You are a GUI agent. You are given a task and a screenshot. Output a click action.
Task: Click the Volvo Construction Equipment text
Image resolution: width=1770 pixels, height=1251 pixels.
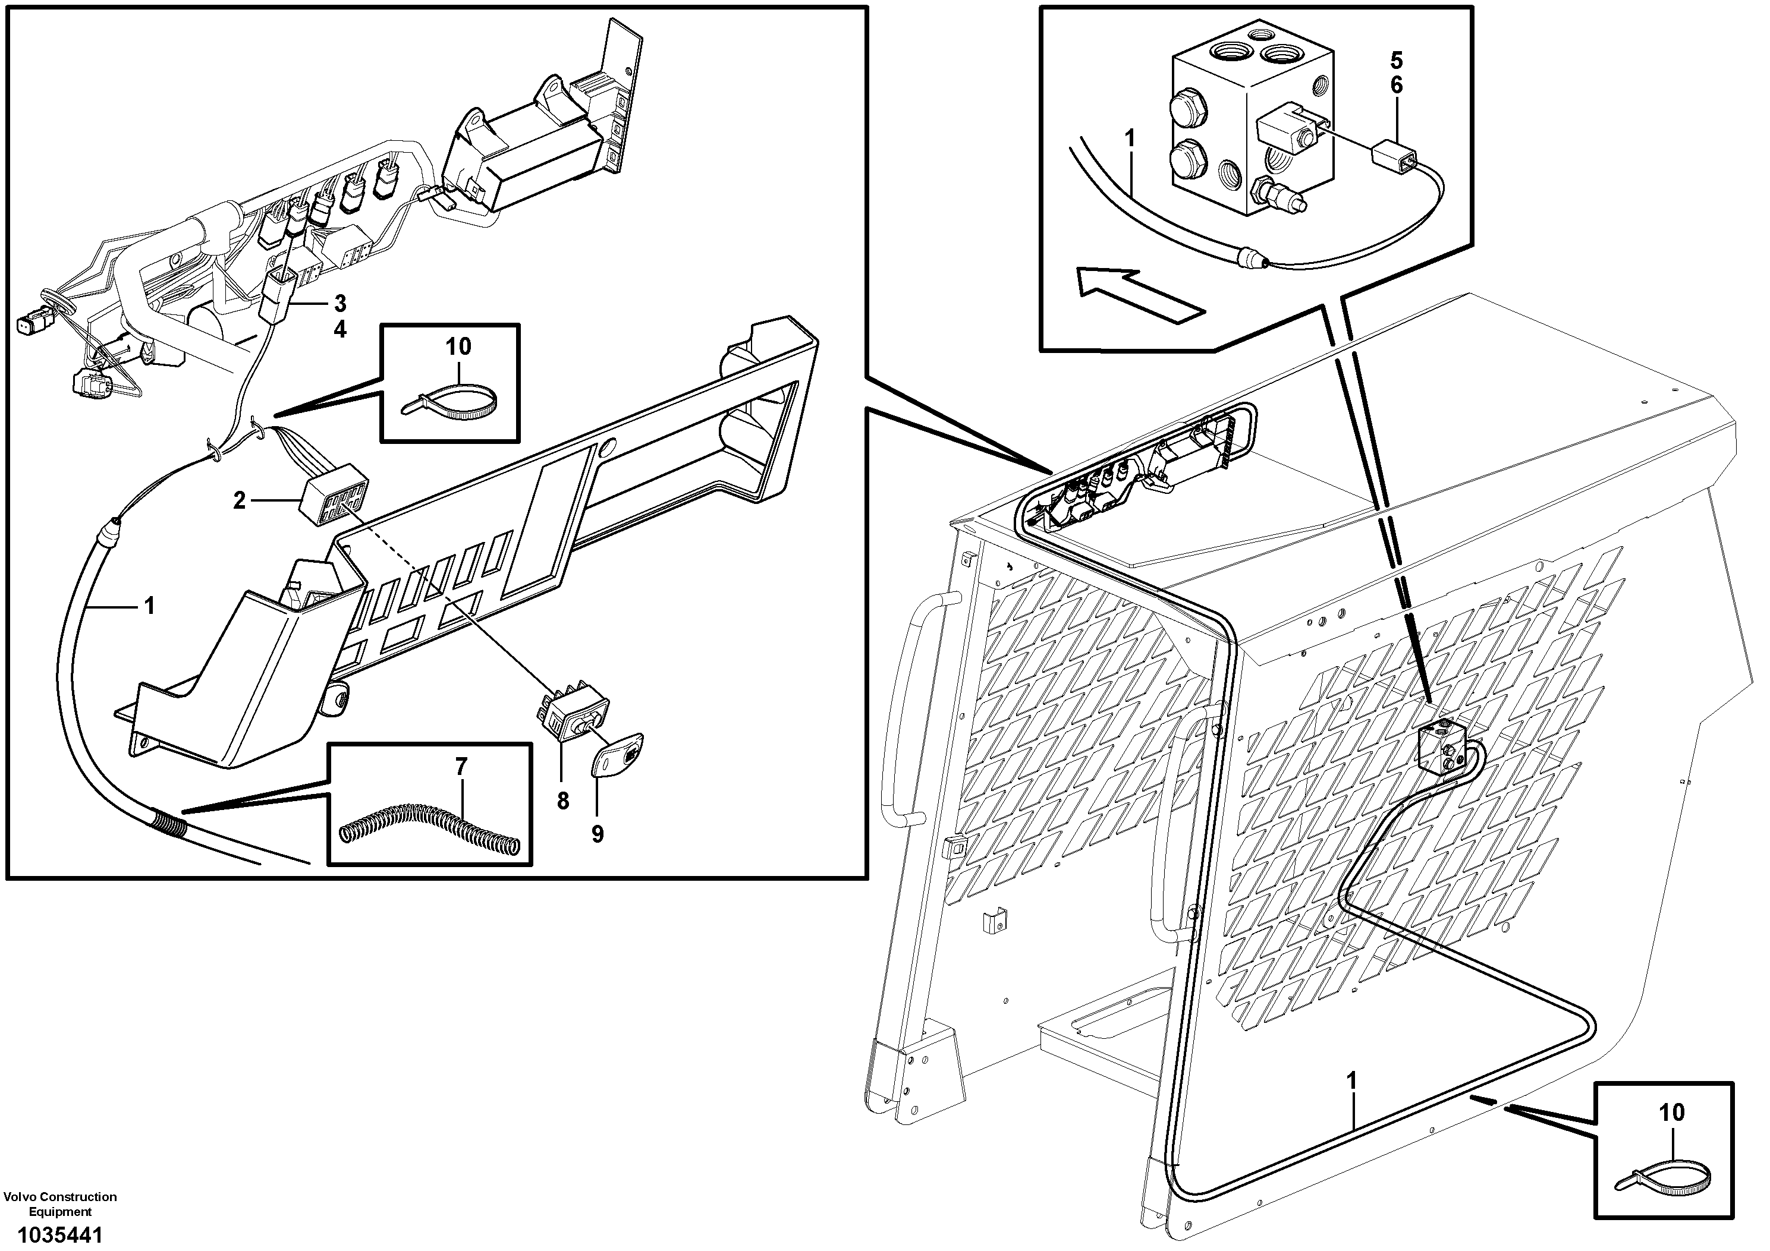(x=60, y=1204)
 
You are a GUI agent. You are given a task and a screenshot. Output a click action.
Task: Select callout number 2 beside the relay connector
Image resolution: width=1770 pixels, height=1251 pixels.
(x=239, y=501)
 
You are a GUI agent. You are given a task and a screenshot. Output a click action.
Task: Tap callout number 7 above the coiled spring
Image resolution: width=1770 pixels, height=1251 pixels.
(x=460, y=766)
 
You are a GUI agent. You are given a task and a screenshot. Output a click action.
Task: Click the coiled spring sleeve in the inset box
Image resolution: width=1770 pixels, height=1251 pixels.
(x=429, y=830)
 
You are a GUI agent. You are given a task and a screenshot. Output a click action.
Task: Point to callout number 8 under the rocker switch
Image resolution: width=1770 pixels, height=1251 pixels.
(x=563, y=801)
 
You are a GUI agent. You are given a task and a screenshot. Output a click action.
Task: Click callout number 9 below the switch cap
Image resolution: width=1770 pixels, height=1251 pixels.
(x=598, y=834)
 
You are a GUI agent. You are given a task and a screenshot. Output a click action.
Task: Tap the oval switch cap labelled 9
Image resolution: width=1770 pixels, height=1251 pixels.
(x=617, y=755)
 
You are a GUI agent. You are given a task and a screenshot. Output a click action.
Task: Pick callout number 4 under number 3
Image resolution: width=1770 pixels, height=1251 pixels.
(x=340, y=330)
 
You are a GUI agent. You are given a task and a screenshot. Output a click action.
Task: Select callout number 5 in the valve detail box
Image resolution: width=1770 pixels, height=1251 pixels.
(x=1397, y=60)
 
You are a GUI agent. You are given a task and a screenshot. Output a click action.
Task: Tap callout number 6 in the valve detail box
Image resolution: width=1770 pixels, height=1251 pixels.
(x=1397, y=86)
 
